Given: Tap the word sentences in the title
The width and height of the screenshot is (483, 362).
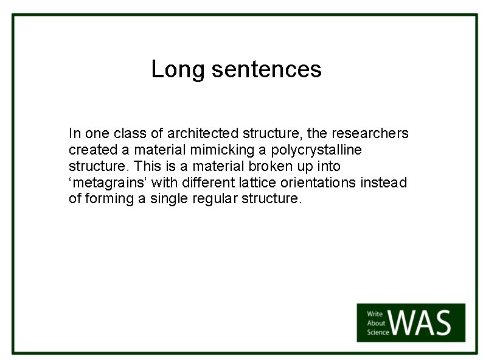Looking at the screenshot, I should (x=266, y=69).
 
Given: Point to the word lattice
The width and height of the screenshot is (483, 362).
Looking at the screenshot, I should (x=268, y=183).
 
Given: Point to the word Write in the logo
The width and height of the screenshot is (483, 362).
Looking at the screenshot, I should (x=375, y=314).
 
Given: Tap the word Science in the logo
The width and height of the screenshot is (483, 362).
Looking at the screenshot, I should (x=377, y=332).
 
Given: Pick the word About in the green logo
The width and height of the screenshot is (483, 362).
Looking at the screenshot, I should (x=375, y=323).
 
